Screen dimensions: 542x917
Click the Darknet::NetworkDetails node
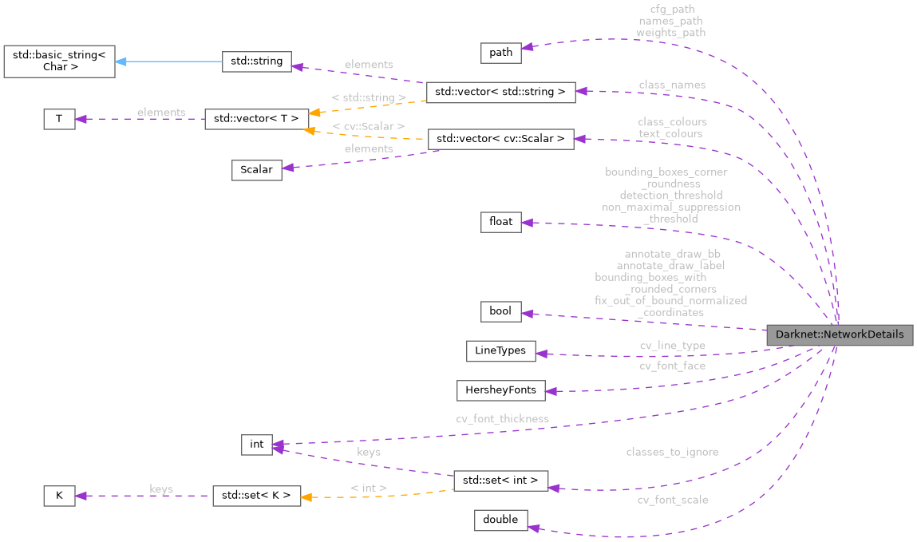click(839, 335)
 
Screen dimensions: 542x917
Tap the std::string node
click(256, 62)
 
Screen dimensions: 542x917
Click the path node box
click(500, 53)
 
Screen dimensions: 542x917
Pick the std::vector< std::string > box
click(500, 92)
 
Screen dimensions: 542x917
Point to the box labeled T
click(58, 119)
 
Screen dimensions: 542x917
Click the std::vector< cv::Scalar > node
click(500, 139)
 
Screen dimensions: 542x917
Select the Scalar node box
click(256, 169)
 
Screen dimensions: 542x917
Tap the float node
click(500, 223)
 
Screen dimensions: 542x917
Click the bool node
click(500, 311)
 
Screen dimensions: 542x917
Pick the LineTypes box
click(500, 350)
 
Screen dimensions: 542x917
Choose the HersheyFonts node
click(500, 390)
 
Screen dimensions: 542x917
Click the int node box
click(257, 445)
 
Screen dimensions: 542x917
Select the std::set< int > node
click(500, 481)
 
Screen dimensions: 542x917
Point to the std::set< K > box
click(256, 496)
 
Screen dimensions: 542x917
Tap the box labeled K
click(58, 496)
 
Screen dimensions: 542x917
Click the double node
click(500, 520)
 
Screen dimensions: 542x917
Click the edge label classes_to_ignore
click(672, 452)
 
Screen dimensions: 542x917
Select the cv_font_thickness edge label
click(502, 418)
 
